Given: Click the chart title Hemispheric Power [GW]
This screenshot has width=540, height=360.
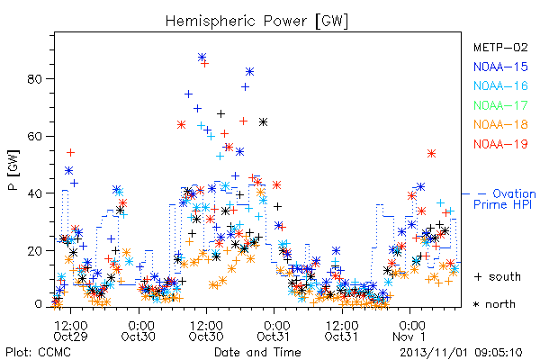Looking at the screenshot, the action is click(x=256, y=21).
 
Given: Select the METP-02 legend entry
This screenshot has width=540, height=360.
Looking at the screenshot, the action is click(x=500, y=47).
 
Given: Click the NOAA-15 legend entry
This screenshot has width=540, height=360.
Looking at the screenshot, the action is click(x=500, y=67).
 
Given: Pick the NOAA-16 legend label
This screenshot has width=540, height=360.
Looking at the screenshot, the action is click(x=500, y=85).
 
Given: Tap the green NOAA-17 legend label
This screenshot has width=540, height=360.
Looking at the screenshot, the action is click(x=500, y=105).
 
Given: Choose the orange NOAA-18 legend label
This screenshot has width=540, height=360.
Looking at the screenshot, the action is click(x=500, y=124).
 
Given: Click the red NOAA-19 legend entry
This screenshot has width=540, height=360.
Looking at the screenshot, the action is click(x=500, y=144).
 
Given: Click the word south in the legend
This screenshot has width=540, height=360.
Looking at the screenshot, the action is click(x=505, y=276).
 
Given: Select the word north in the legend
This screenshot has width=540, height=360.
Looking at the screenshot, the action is click(x=500, y=304).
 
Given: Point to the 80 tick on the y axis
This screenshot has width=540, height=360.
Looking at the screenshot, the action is click(x=34, y=79).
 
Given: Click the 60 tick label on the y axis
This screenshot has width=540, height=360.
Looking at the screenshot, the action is click(x=34, y=137).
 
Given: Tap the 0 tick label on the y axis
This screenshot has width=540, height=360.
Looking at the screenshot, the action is click(x=38, y=304).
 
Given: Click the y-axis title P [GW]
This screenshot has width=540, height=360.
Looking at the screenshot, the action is click(x=13, y=170).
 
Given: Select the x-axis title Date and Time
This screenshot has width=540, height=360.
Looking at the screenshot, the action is click(x=257, y=352).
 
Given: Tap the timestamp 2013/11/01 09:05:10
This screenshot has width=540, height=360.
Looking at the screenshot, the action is click(x=461, y=353).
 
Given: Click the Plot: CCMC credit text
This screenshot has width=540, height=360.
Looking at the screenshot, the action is click(x=38, y=353).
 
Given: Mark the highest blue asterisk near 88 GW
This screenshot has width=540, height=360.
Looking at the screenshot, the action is click(x=202, y=57).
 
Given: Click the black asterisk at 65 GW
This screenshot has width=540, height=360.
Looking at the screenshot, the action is click(x=263, y=122).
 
